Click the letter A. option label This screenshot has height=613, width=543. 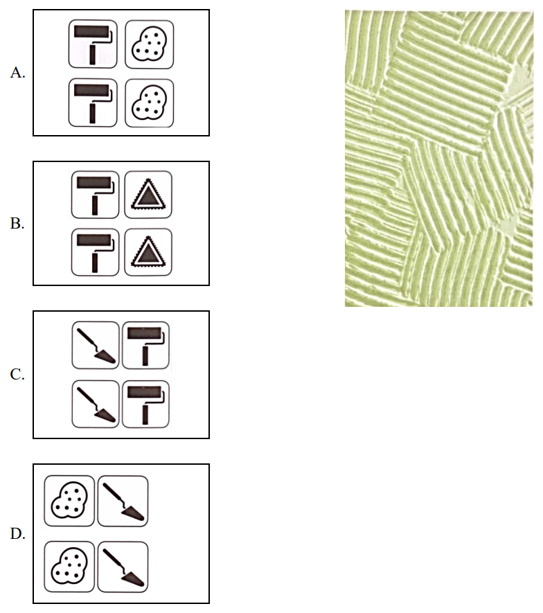17,72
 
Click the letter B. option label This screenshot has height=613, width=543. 17,223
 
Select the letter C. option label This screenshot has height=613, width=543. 17,374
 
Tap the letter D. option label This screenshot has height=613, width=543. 17,533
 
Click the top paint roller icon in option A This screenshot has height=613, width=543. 93,44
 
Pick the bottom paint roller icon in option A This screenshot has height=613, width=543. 93,103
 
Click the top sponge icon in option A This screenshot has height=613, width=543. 150,44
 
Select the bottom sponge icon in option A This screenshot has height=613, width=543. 150,103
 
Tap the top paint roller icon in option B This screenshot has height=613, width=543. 96,195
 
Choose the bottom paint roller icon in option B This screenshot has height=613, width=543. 96,252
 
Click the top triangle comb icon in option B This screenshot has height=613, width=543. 148,195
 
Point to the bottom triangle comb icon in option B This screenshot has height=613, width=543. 148,252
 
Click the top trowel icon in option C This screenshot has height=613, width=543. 96,345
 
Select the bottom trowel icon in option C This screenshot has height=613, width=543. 96,404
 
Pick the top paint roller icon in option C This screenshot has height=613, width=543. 146,345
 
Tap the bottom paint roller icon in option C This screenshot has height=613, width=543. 146,404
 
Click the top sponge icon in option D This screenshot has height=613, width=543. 69,501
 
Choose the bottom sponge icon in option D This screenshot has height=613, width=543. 69,567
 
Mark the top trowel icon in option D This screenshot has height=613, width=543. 123,501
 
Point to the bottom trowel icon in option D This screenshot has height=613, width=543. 123,567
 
